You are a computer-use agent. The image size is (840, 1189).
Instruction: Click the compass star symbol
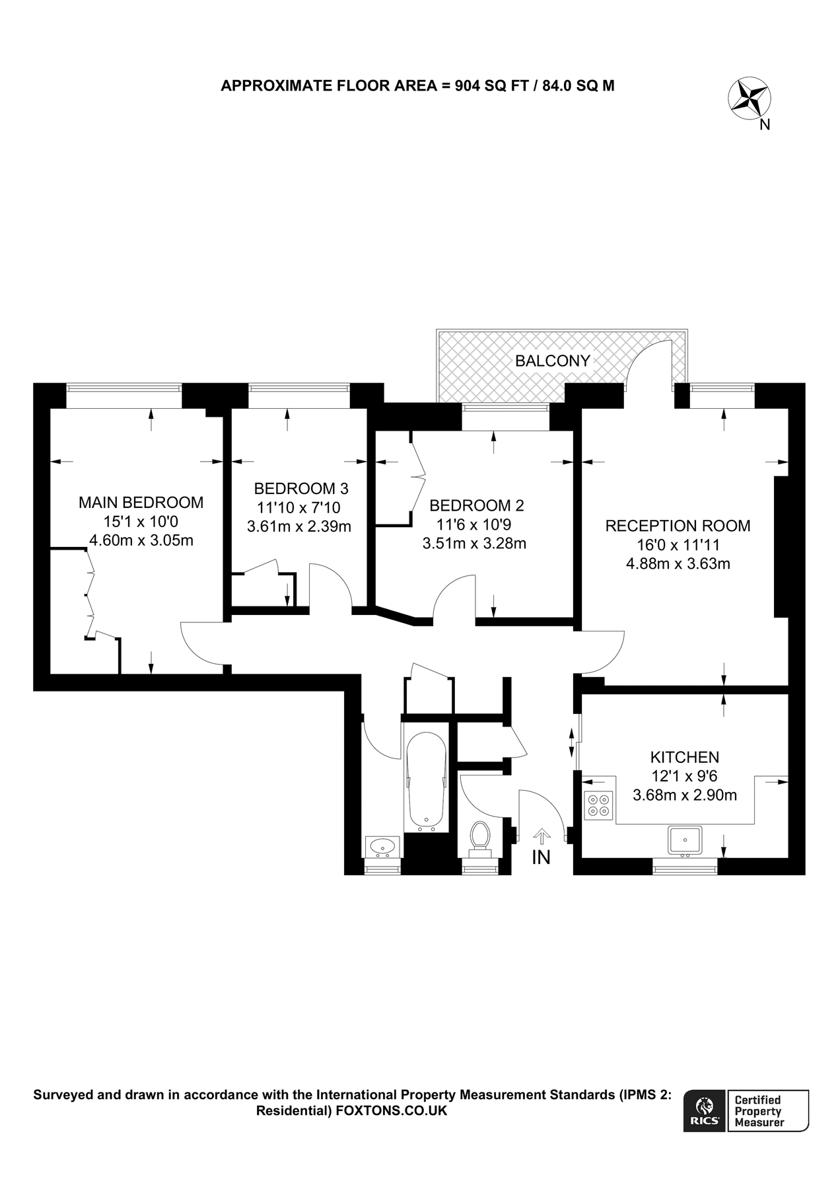(750, 99)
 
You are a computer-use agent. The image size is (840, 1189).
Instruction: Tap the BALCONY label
(552, 361)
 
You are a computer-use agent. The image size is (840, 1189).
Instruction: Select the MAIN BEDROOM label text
(141, 503)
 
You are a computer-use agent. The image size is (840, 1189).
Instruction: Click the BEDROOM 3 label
(300, 489)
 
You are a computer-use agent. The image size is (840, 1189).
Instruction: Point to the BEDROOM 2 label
(476, 506)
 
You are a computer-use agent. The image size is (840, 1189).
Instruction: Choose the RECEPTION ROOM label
(678, 526)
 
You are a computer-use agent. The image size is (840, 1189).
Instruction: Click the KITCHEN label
(685, 757)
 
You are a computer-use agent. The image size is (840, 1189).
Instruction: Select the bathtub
(426, 782)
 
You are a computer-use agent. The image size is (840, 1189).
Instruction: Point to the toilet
(479, 836)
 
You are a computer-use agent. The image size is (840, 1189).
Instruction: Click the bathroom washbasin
(382, 846)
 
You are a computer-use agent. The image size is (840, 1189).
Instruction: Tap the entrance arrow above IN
(542, 837)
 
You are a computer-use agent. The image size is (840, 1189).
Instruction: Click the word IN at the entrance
(542, 858)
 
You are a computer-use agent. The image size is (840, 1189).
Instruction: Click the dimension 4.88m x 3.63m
(678, 564)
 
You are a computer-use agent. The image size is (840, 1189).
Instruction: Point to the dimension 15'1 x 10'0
(141, 522)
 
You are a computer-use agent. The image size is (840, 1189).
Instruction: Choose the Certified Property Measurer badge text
(759, 1111)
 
